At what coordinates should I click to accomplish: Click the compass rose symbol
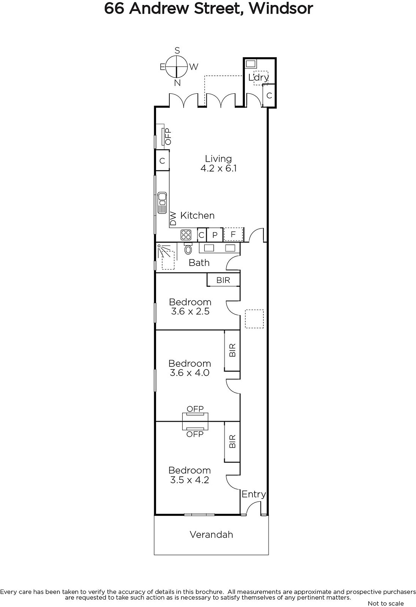pyautogui.click(x=177, y=66)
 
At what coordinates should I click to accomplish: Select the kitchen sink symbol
pyautogui.click(x=162, y=203)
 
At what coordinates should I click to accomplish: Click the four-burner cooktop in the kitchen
pyautogui.click(x=186, y=235)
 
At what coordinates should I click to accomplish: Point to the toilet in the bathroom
pyautogui.click(x=188, y=248)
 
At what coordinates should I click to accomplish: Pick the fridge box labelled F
pyautogui.click(x=233, y=234)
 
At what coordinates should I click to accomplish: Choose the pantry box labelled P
pyautogui.click(x=215, y=235)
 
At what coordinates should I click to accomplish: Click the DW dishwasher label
pyautogui.click(x=173, y=219)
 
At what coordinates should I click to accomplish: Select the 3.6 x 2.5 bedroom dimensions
pyautogui.click(x=190, y=311)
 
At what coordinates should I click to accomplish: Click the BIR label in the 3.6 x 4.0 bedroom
pyautogui.click(x=232, y=350)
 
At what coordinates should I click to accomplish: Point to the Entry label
pyautogui.click(x=254, y=494)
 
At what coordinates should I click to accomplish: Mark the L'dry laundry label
pyautogui.click(x=258, y=77)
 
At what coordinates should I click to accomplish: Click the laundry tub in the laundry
pyautogui.click(x=251, y=64)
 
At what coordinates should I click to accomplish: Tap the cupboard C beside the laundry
pyautogui.click(x=269, y=95)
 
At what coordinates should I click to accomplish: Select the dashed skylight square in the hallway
pyautogui.click(x=254, y=319)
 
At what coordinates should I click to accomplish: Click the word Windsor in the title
pyautogui.click(x=281, y=8)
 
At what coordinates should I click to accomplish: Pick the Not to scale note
pyautogui.click(x=386, y=603)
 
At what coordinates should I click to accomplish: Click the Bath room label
pyautogui.click(x=199, y=263)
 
